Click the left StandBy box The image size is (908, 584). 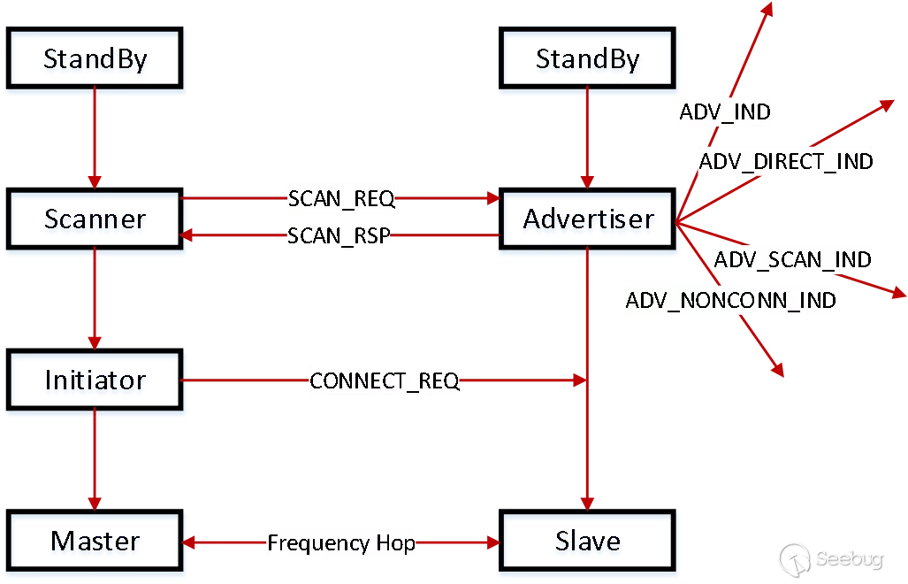coord(95,59)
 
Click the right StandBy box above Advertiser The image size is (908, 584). coord(588,59)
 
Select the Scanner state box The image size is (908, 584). coord(95,219)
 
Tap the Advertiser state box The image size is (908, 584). coord(588,219)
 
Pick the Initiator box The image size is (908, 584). coord(95,380)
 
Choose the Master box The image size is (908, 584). coord(95,541)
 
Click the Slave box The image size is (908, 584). coord(588,541)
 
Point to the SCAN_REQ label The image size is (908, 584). coord(341,198)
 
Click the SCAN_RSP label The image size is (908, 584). coord(339,236)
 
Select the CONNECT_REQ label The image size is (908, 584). coord(385,381)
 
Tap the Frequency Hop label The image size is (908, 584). coord(341,542)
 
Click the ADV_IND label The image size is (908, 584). coord(724,112)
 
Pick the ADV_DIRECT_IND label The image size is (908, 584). coord(786,162)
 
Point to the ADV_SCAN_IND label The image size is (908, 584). coord(792,260)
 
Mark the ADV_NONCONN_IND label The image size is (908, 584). coord(730,300)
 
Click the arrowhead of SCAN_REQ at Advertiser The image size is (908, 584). coord(492,198)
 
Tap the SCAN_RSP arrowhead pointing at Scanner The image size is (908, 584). coord(187,235)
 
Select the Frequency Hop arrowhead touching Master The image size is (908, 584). coord(187,542)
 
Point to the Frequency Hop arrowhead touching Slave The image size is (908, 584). coord(492,542)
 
